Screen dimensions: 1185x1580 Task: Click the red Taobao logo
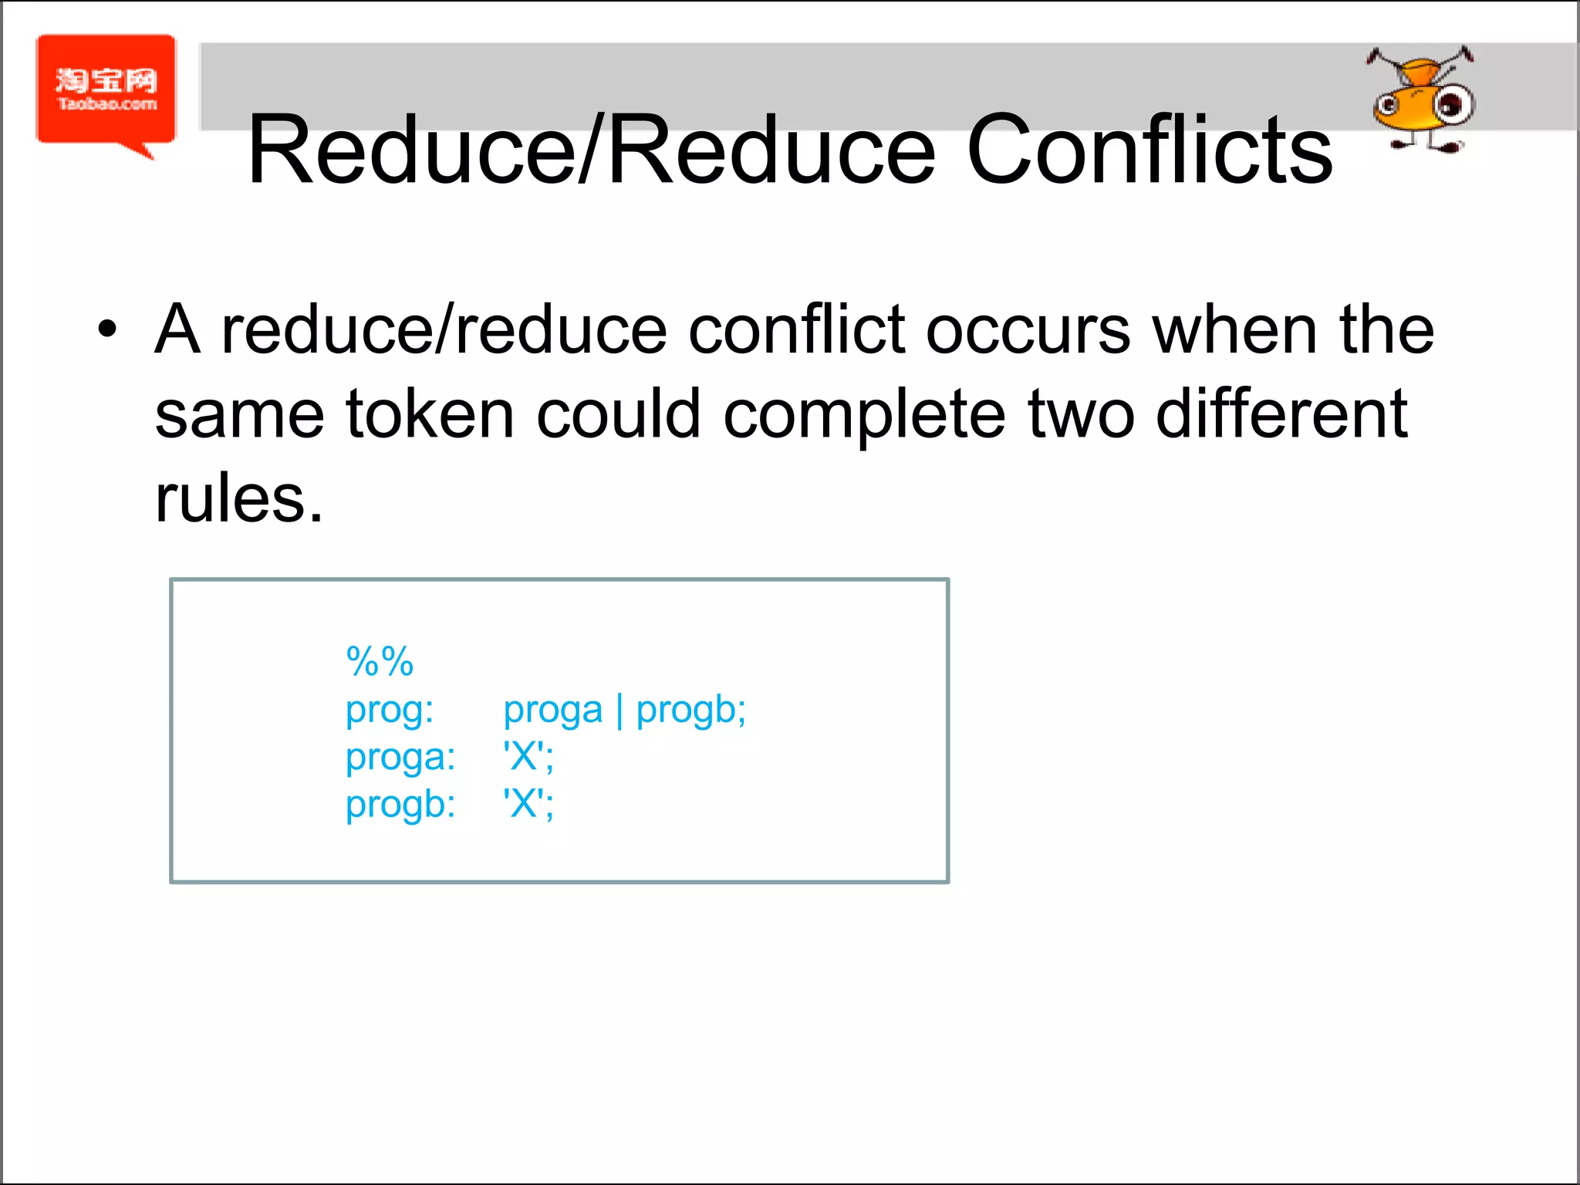(106, 91)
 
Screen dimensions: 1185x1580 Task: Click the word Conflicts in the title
(1149, 150)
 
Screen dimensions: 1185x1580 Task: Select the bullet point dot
(107, 329)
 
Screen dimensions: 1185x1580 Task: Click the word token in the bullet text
(430, 414)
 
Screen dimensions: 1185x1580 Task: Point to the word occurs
(1028, 330)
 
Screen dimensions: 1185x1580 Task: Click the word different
(1281, 414)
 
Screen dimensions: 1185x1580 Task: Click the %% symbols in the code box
(380, 661)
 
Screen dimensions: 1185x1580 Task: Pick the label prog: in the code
(390, 711)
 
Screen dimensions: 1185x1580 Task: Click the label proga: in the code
(400, 758)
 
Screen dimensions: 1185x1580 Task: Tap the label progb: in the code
(400, 805)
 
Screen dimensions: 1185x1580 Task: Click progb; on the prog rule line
(690, 711)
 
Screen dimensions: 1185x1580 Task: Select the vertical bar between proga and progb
(619, 711)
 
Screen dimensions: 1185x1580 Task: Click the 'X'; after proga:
(528, 756)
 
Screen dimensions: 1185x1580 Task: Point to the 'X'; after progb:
(528, 804)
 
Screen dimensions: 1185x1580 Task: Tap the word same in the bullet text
(238, 414)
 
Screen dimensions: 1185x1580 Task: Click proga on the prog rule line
(552, 711)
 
